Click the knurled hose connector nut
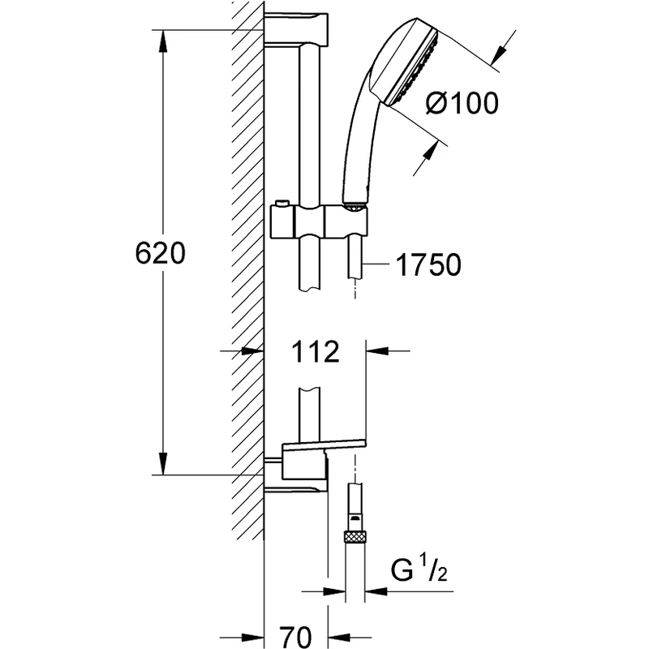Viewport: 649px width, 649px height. [x=355, y=535]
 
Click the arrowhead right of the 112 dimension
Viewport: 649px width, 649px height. [x=376, y=352]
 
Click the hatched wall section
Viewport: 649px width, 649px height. [x=248, y=243]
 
